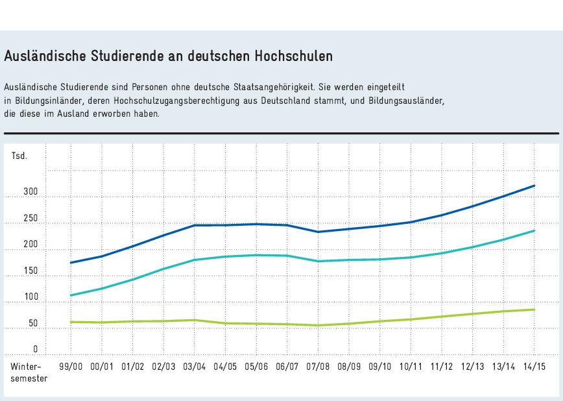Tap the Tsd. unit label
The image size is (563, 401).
(19, 156)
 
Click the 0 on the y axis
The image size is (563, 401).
(18, 349)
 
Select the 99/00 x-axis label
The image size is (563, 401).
(70, 367)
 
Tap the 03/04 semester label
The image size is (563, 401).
(194, 367)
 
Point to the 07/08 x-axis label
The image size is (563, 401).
(318, 367)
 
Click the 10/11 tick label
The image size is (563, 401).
(411, 367)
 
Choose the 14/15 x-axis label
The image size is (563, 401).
(534, 367)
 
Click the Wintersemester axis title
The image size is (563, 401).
(29, 372)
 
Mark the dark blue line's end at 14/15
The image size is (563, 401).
(534, 186)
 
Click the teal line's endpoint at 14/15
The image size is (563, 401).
(534, 230)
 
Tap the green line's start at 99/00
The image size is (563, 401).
(70, 322)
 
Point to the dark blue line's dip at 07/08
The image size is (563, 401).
(318, 232)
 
